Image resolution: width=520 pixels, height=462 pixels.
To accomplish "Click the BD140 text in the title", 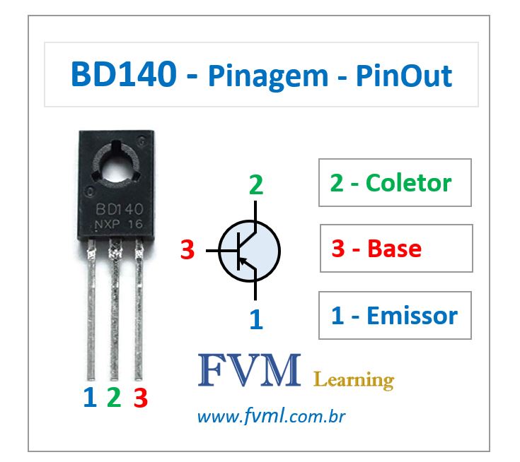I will pyautogui.click(x=125, y=74).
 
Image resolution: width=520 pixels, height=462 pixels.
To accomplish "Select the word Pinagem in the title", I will pyautogui.click(x=267, y=76).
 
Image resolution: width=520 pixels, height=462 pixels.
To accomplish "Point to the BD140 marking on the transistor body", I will pyautogui.click(x=119, y=210).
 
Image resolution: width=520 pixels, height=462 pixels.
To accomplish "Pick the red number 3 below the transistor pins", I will pyautogui.click(x=140, y=398).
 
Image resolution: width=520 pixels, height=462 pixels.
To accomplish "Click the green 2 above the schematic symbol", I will pyautogui.click(x=255, y=185).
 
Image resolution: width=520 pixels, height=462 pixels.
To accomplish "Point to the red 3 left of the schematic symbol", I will pyautogui.click(x=187, y=249).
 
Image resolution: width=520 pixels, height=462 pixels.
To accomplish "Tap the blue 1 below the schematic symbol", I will pyautogui.click(x=256, y=320).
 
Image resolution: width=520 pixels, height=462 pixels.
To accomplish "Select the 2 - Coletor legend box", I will pyautogui.click(x=395, y=183).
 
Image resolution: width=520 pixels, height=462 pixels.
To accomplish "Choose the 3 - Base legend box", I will pyautogui.click(x=395, y=248).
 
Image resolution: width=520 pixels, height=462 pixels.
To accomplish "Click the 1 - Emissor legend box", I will pyautogui.click(x=394, y=315).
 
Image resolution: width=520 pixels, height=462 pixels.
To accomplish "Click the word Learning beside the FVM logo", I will pyautogui.click(x=353, y=381).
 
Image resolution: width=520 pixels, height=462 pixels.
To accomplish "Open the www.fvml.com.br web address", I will pyautogui.click(x=270, y=417).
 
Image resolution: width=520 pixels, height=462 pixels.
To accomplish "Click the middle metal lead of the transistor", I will pyautogui.click(x=114, y=311).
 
